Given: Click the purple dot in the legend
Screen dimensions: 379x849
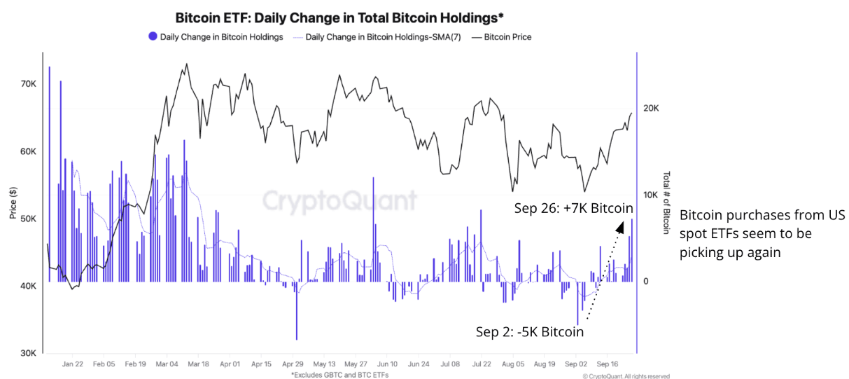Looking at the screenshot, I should tap(152, 37).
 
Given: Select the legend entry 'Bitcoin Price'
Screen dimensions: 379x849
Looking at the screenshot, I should tap(501, 37).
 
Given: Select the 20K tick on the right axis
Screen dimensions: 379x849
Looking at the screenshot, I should tap(651, 109).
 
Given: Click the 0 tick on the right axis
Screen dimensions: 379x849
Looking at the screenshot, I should tap(646, 282).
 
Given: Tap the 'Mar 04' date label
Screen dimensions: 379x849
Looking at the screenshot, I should tap(167, 365).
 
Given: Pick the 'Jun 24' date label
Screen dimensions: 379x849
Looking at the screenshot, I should tap(419, 365).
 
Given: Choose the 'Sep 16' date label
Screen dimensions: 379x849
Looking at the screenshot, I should tap(608, 365).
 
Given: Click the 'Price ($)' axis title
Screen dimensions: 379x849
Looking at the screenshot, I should tap(13, 203).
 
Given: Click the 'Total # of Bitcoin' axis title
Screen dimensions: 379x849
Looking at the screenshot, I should tap(666, 203).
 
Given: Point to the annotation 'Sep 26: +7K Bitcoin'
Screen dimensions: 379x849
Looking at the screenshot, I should tap(573, 209).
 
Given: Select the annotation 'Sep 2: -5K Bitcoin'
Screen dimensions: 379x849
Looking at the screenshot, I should tap(529, 331).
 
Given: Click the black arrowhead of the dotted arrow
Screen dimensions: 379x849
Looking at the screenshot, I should tap(619, 227).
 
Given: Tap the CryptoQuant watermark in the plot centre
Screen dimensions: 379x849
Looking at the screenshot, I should tap(339, 200).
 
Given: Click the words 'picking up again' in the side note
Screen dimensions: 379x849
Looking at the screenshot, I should tap(730, 252).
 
